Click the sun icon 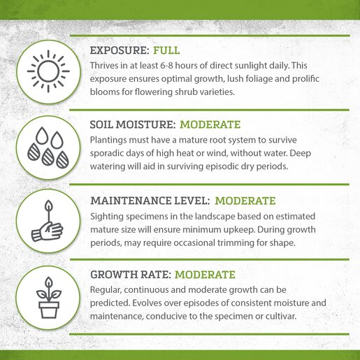click(48, 71)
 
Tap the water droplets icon click(48, 147)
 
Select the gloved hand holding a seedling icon click(48, 221)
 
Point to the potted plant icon click(49, 298)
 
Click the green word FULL click(166, 50)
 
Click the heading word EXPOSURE click(120, 50)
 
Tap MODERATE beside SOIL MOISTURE click(210, 124)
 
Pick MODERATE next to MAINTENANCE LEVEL click(245, 201)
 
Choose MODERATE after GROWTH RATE click(205, 275)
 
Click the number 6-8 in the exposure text click(166, 66)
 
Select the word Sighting click(107, 217)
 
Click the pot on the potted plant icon click(49, 310)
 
